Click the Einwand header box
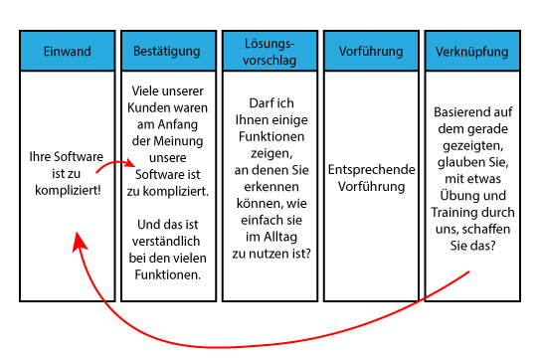[67, 51]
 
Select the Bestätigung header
[168, 51]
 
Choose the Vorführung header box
[371, 51]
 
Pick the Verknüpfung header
[472, 51]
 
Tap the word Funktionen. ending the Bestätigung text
[168, 274]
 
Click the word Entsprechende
[371, 170]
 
